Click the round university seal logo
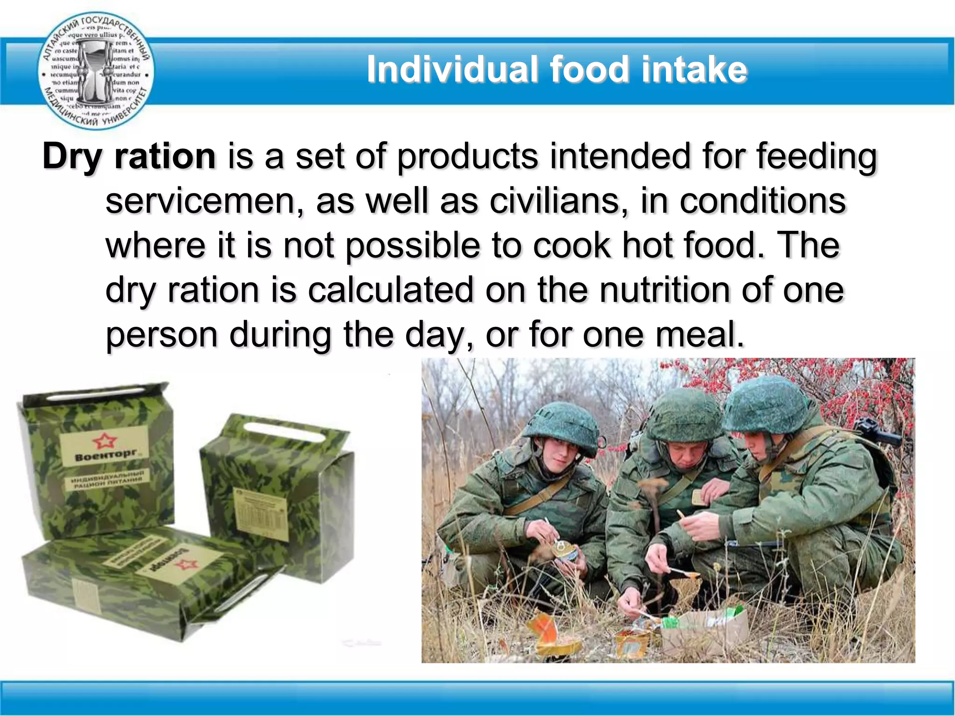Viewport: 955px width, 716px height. (96, 70)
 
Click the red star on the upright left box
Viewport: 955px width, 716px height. (104, 440)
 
